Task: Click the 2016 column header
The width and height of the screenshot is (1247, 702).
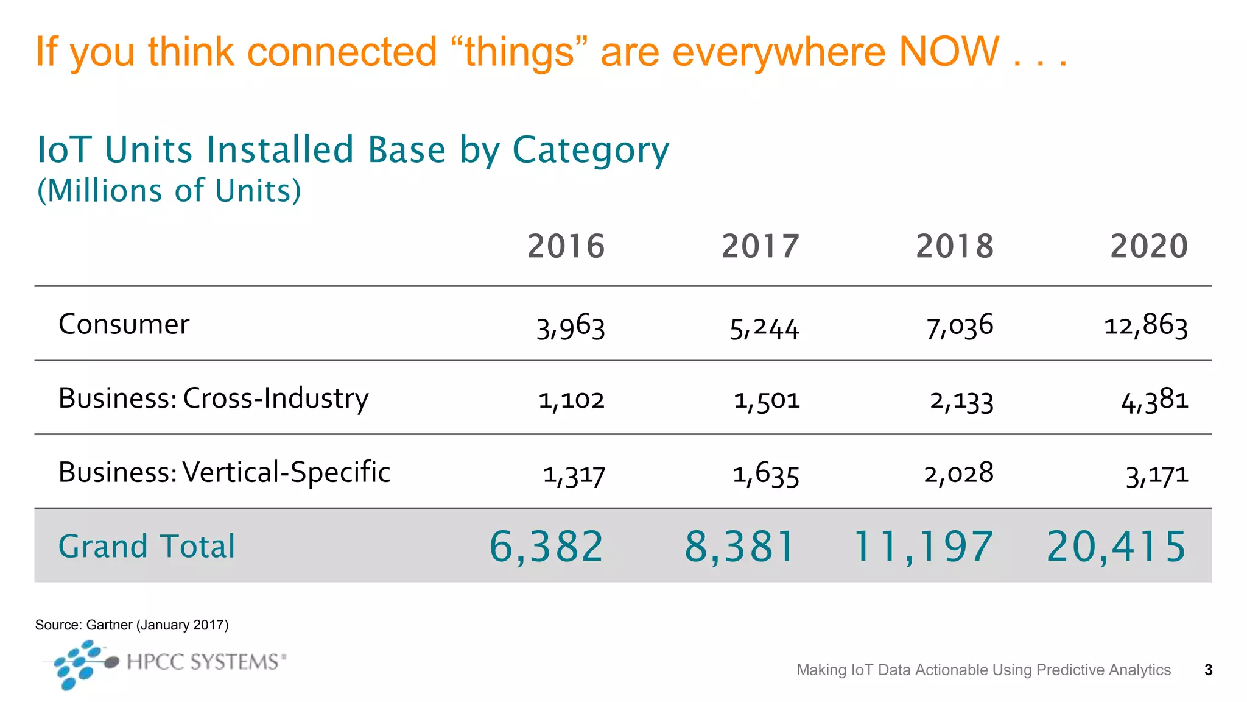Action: pyautogui.click(x=566, y=246)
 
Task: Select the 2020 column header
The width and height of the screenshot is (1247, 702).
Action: pyautogui.click(x=1148, y=246)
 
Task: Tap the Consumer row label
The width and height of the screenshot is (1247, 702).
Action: pyautogui.click(x=124, y=324)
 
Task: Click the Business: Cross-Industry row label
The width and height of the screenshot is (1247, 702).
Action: pyautogui.click(x=213, y=399)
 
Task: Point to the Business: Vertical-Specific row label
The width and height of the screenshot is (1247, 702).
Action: pyautogui.click(x=224, y=472)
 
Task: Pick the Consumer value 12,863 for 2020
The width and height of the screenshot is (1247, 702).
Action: pyautogui.click(x=1146, y=325)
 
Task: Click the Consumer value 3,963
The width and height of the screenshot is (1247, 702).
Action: pyautogui.click(x=571, y=327)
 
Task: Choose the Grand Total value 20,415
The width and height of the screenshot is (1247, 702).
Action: pyautogui.click(x=1116, y=546)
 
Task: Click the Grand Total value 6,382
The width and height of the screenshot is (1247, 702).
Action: pyautogui.click(x=546, y=546)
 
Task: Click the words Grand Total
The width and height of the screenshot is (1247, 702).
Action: pyautogui.click(x=146, y=546)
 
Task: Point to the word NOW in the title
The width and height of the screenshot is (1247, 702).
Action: pyautogui.click(x=949, y=51)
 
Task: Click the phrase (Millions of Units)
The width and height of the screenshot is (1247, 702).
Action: pyautogui.click(x=169, y=191)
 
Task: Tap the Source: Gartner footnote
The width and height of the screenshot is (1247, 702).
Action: pyautogui.click(x=132, y=625)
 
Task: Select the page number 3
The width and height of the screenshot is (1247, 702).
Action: pyautogui.click(x=1208, y=670)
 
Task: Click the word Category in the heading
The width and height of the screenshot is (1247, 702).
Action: pyautogui.click(x=590, y=151)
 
